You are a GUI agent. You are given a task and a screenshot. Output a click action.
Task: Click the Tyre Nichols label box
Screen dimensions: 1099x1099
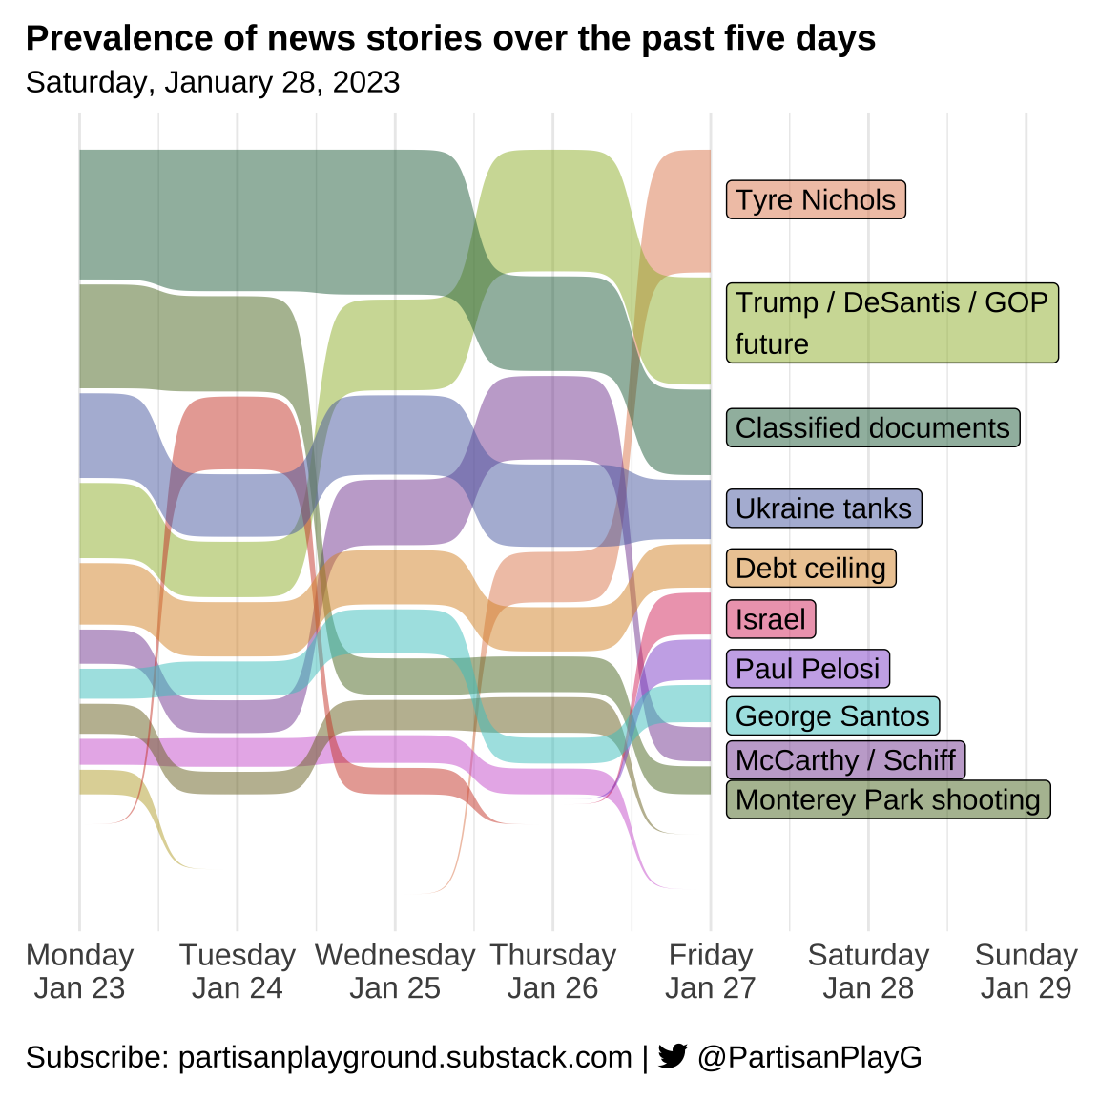816,200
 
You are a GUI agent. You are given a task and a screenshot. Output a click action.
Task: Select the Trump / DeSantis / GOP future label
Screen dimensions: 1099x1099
892,322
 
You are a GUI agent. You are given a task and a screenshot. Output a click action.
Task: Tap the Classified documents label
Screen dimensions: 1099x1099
873,428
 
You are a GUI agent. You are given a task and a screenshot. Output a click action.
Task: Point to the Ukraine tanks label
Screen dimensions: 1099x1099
823,508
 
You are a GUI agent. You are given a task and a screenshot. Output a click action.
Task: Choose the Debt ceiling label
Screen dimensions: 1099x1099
811,569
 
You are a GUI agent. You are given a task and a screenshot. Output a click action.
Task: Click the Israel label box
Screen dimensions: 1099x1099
771,619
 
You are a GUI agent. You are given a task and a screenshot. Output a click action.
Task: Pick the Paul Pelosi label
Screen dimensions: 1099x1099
808,669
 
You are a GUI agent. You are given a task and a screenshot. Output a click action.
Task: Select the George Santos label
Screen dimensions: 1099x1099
833,715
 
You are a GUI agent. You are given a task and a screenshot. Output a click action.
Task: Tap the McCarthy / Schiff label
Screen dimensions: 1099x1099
845,760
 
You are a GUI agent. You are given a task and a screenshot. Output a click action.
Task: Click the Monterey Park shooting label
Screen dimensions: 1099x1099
888,799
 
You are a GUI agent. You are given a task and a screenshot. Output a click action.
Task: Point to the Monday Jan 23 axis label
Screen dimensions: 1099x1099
80,971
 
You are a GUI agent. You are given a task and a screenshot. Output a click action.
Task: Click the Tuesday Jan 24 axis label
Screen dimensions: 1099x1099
238,971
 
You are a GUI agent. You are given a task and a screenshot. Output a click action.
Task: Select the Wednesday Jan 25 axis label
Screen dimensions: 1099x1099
395,971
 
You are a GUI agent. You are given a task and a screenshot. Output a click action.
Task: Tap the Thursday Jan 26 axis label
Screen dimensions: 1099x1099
553,971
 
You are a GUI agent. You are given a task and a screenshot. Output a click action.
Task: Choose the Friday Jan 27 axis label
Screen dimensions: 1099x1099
711,971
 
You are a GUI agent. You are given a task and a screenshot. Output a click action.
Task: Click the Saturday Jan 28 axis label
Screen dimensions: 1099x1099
868,971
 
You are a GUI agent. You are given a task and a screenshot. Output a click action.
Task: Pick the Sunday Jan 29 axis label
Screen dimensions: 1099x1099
1026,971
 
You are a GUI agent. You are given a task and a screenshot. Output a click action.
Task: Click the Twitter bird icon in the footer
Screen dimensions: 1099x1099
673,1056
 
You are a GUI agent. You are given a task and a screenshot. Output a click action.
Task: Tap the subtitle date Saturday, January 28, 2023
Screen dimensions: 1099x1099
213,82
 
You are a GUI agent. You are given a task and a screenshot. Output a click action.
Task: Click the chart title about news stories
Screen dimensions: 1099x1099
450,38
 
